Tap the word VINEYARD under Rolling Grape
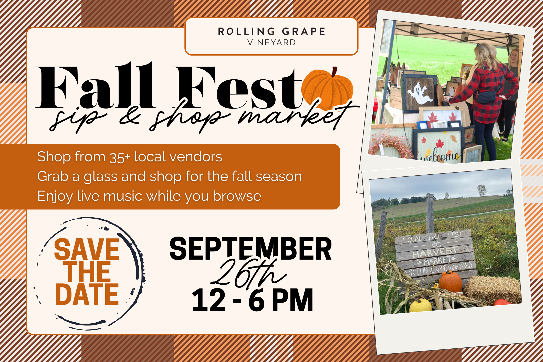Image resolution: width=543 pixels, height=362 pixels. [271, 42]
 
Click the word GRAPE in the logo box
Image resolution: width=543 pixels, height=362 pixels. [304, 31]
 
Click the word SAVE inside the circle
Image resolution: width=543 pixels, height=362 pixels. [87, 249]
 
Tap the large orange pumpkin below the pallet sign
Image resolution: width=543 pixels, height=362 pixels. [451, 282]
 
